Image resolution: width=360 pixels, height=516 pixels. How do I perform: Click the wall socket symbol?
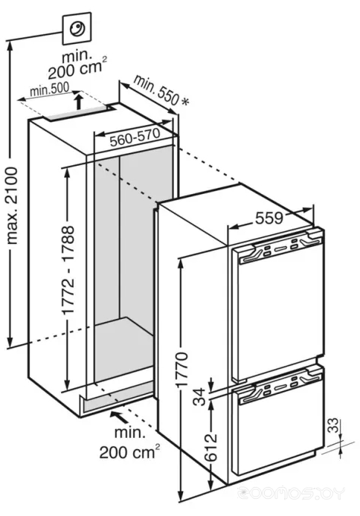pos(77,29)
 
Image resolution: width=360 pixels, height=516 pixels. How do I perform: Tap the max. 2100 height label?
pos(12,206)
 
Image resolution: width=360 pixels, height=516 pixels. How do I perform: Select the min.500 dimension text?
pos(49,88)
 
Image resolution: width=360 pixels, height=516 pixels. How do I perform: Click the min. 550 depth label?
pos(156,89)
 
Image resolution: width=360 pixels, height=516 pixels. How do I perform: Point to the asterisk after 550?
pos(185,102)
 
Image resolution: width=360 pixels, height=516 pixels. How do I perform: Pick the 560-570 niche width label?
pos(135,138)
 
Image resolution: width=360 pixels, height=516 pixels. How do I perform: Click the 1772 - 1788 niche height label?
pos(69,270)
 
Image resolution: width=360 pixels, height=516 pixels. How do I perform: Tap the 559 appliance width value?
pos(269,218)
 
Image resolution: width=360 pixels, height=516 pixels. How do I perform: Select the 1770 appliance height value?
pos(181,370)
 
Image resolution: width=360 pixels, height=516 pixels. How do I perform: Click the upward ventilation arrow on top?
pos(78,101)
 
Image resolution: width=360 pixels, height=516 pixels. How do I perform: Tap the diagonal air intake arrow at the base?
pos(121,416)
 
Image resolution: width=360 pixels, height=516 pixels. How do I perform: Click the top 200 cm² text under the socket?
pos(77,68)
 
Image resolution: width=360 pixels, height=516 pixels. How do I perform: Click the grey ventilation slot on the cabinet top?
pos(77,114)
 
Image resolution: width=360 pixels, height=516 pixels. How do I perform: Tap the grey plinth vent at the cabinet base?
pos(118,398)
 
